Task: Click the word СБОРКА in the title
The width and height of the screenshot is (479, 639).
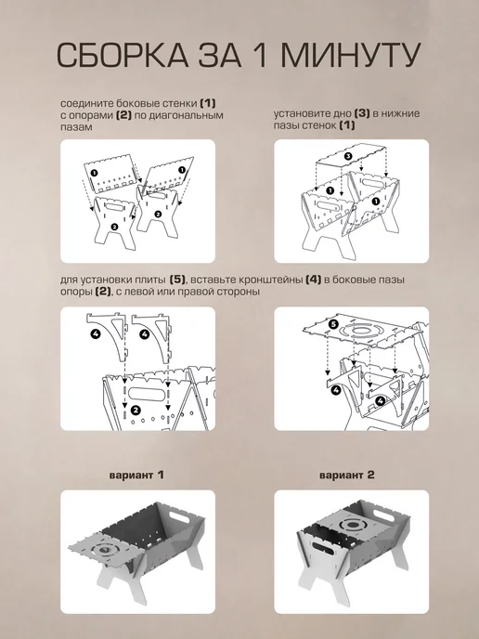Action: point(123,54)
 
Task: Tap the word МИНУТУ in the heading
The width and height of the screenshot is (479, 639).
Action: point(351,54)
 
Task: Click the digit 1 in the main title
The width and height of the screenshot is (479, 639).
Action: point(261,54)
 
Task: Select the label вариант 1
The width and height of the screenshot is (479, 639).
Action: point(136,475)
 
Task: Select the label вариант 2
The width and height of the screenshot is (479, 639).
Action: point(346,475)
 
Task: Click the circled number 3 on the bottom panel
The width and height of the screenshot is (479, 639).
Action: point(348,156)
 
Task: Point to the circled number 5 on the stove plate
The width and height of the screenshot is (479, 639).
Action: point(333,324)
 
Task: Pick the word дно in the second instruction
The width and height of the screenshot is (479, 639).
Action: point(343,113)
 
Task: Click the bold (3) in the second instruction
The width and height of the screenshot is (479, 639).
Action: point(362,113)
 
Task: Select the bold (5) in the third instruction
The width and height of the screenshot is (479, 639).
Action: point(177,280)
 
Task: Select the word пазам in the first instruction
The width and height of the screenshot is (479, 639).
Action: point(76,126)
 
